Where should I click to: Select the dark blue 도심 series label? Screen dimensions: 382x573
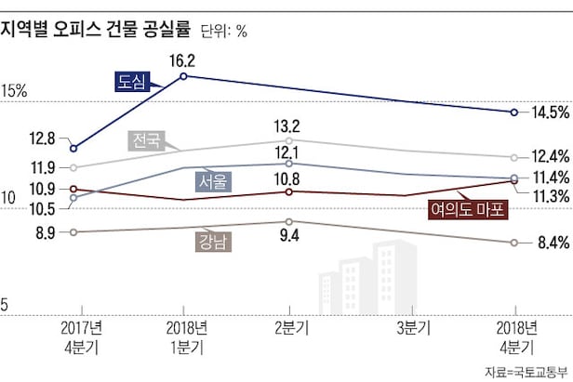click(132, 81)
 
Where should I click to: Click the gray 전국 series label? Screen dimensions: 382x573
click(144, 141)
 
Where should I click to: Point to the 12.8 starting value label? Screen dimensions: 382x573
click(43, 139)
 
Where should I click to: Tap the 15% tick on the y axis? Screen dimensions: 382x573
click(15, 92)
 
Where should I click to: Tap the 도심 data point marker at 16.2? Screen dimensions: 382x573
click(184, 76)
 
